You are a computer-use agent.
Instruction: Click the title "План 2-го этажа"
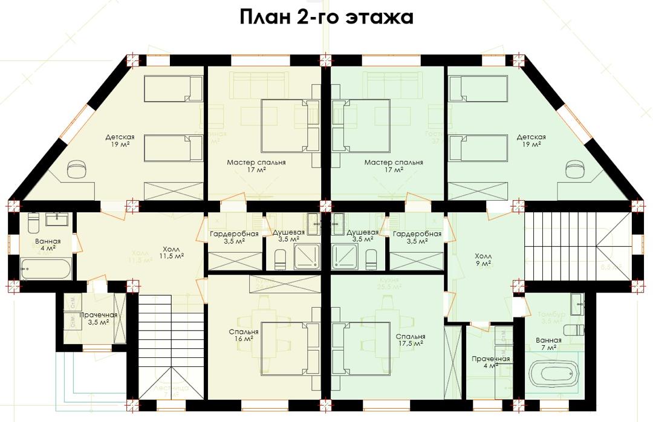pos(326,17)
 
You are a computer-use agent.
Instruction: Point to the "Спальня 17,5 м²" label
pos(411,340)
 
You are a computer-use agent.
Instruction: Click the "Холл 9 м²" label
pos(484,260)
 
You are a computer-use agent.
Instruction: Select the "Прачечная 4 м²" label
pos(490,362)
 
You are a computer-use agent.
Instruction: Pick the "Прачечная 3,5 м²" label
pos(98,319)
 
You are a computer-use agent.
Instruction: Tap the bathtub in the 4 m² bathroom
pos(46,268)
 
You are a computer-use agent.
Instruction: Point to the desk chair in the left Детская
pos(77,168)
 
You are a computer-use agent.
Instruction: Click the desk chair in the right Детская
pos(575,168)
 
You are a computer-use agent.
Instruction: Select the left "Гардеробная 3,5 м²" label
pos(234,238)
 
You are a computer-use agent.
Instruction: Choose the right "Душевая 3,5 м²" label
pos(362,236)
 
